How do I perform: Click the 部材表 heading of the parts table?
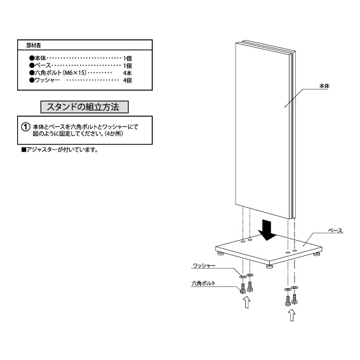[34, 46]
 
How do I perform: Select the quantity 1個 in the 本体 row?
[128, 58]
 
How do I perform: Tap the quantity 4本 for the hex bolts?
[128, 73]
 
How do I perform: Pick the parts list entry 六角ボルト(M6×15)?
[60, 73]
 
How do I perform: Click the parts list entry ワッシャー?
[47, 80]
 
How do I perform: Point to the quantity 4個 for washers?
[128, 81]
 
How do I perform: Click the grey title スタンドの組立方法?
[84, 107]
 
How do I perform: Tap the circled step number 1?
[25, 127]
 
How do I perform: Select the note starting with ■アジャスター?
[60, 150]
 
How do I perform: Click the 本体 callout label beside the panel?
[324, 86]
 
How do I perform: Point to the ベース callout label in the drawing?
[335, 230]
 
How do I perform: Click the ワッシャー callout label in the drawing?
[204, 265]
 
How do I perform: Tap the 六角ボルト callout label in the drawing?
[203, 284]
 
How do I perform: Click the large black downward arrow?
[267, 230]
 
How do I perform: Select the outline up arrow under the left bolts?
[247, 302]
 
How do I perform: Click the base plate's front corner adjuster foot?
[269, 266]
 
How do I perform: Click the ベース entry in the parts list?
[43, 65]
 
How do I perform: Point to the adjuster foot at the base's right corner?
[317, 254]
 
